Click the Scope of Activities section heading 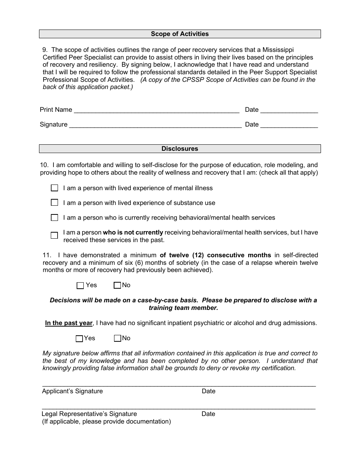tap(180, 34)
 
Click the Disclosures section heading tap(180, 149)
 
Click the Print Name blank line tap(157, 111)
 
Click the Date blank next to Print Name tap(289, 111)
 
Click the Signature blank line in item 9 tap(155, 125)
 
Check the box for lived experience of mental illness tap(55, 188)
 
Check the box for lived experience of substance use tap(55, 203)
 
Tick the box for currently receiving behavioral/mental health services tap(55, 217)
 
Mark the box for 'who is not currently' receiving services tap(54, 235)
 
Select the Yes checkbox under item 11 tap(80, 285)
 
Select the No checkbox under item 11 tap(117, 285)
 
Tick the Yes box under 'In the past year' tap(79, 338)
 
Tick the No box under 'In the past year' tap(117, 338)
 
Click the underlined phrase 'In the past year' tap(69, 323)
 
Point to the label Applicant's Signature tap(72, 391)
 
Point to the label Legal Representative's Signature tap(89, 414)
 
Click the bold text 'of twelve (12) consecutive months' tap(215, 255)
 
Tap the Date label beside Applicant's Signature tap(208, 391)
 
